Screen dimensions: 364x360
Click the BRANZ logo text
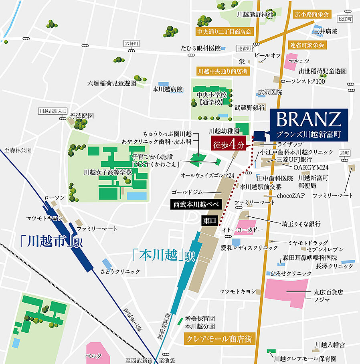pyautogui.click(x=309, y=119)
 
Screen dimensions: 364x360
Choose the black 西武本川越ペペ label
pyautogui.click(x=195, y=204)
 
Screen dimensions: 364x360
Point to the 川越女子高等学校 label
pyautogui.click(x=108, y=172)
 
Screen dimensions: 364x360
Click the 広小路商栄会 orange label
pyautogui.click(x=311, y=14)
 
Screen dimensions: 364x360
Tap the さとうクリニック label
pyautogui.click(x=126, y=271)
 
